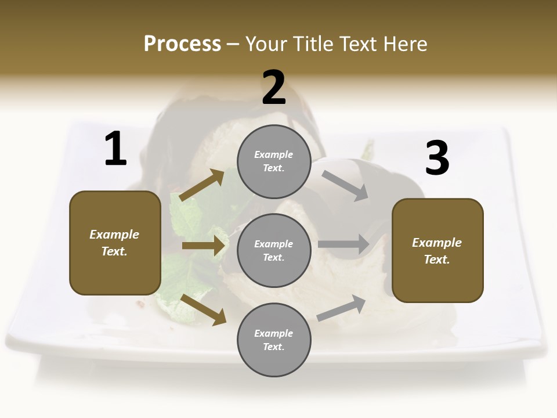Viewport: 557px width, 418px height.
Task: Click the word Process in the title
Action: pos(182,44)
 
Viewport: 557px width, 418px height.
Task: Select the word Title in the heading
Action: pos(313,44)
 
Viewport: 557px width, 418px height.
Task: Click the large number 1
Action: pos(115,149)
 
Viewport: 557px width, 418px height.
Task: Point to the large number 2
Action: pos(274,88)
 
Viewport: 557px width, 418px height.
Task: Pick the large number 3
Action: pos(437,158)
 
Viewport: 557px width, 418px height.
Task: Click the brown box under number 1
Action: pos(115,243)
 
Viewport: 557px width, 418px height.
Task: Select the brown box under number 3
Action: pos(437,250)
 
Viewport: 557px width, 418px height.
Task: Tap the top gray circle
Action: pos(274,161)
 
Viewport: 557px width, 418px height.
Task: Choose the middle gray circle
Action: pos(274,250)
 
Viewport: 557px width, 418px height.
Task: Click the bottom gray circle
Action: pos(274,340)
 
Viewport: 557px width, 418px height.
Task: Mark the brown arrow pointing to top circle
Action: pos(201,185)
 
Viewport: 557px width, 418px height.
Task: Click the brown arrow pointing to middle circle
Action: pos(203,246)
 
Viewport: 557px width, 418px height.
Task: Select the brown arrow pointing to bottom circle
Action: pos(203,309)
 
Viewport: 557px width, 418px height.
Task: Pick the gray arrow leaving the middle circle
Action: pos(343,244)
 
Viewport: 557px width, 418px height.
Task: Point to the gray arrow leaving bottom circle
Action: pos(342,308)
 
